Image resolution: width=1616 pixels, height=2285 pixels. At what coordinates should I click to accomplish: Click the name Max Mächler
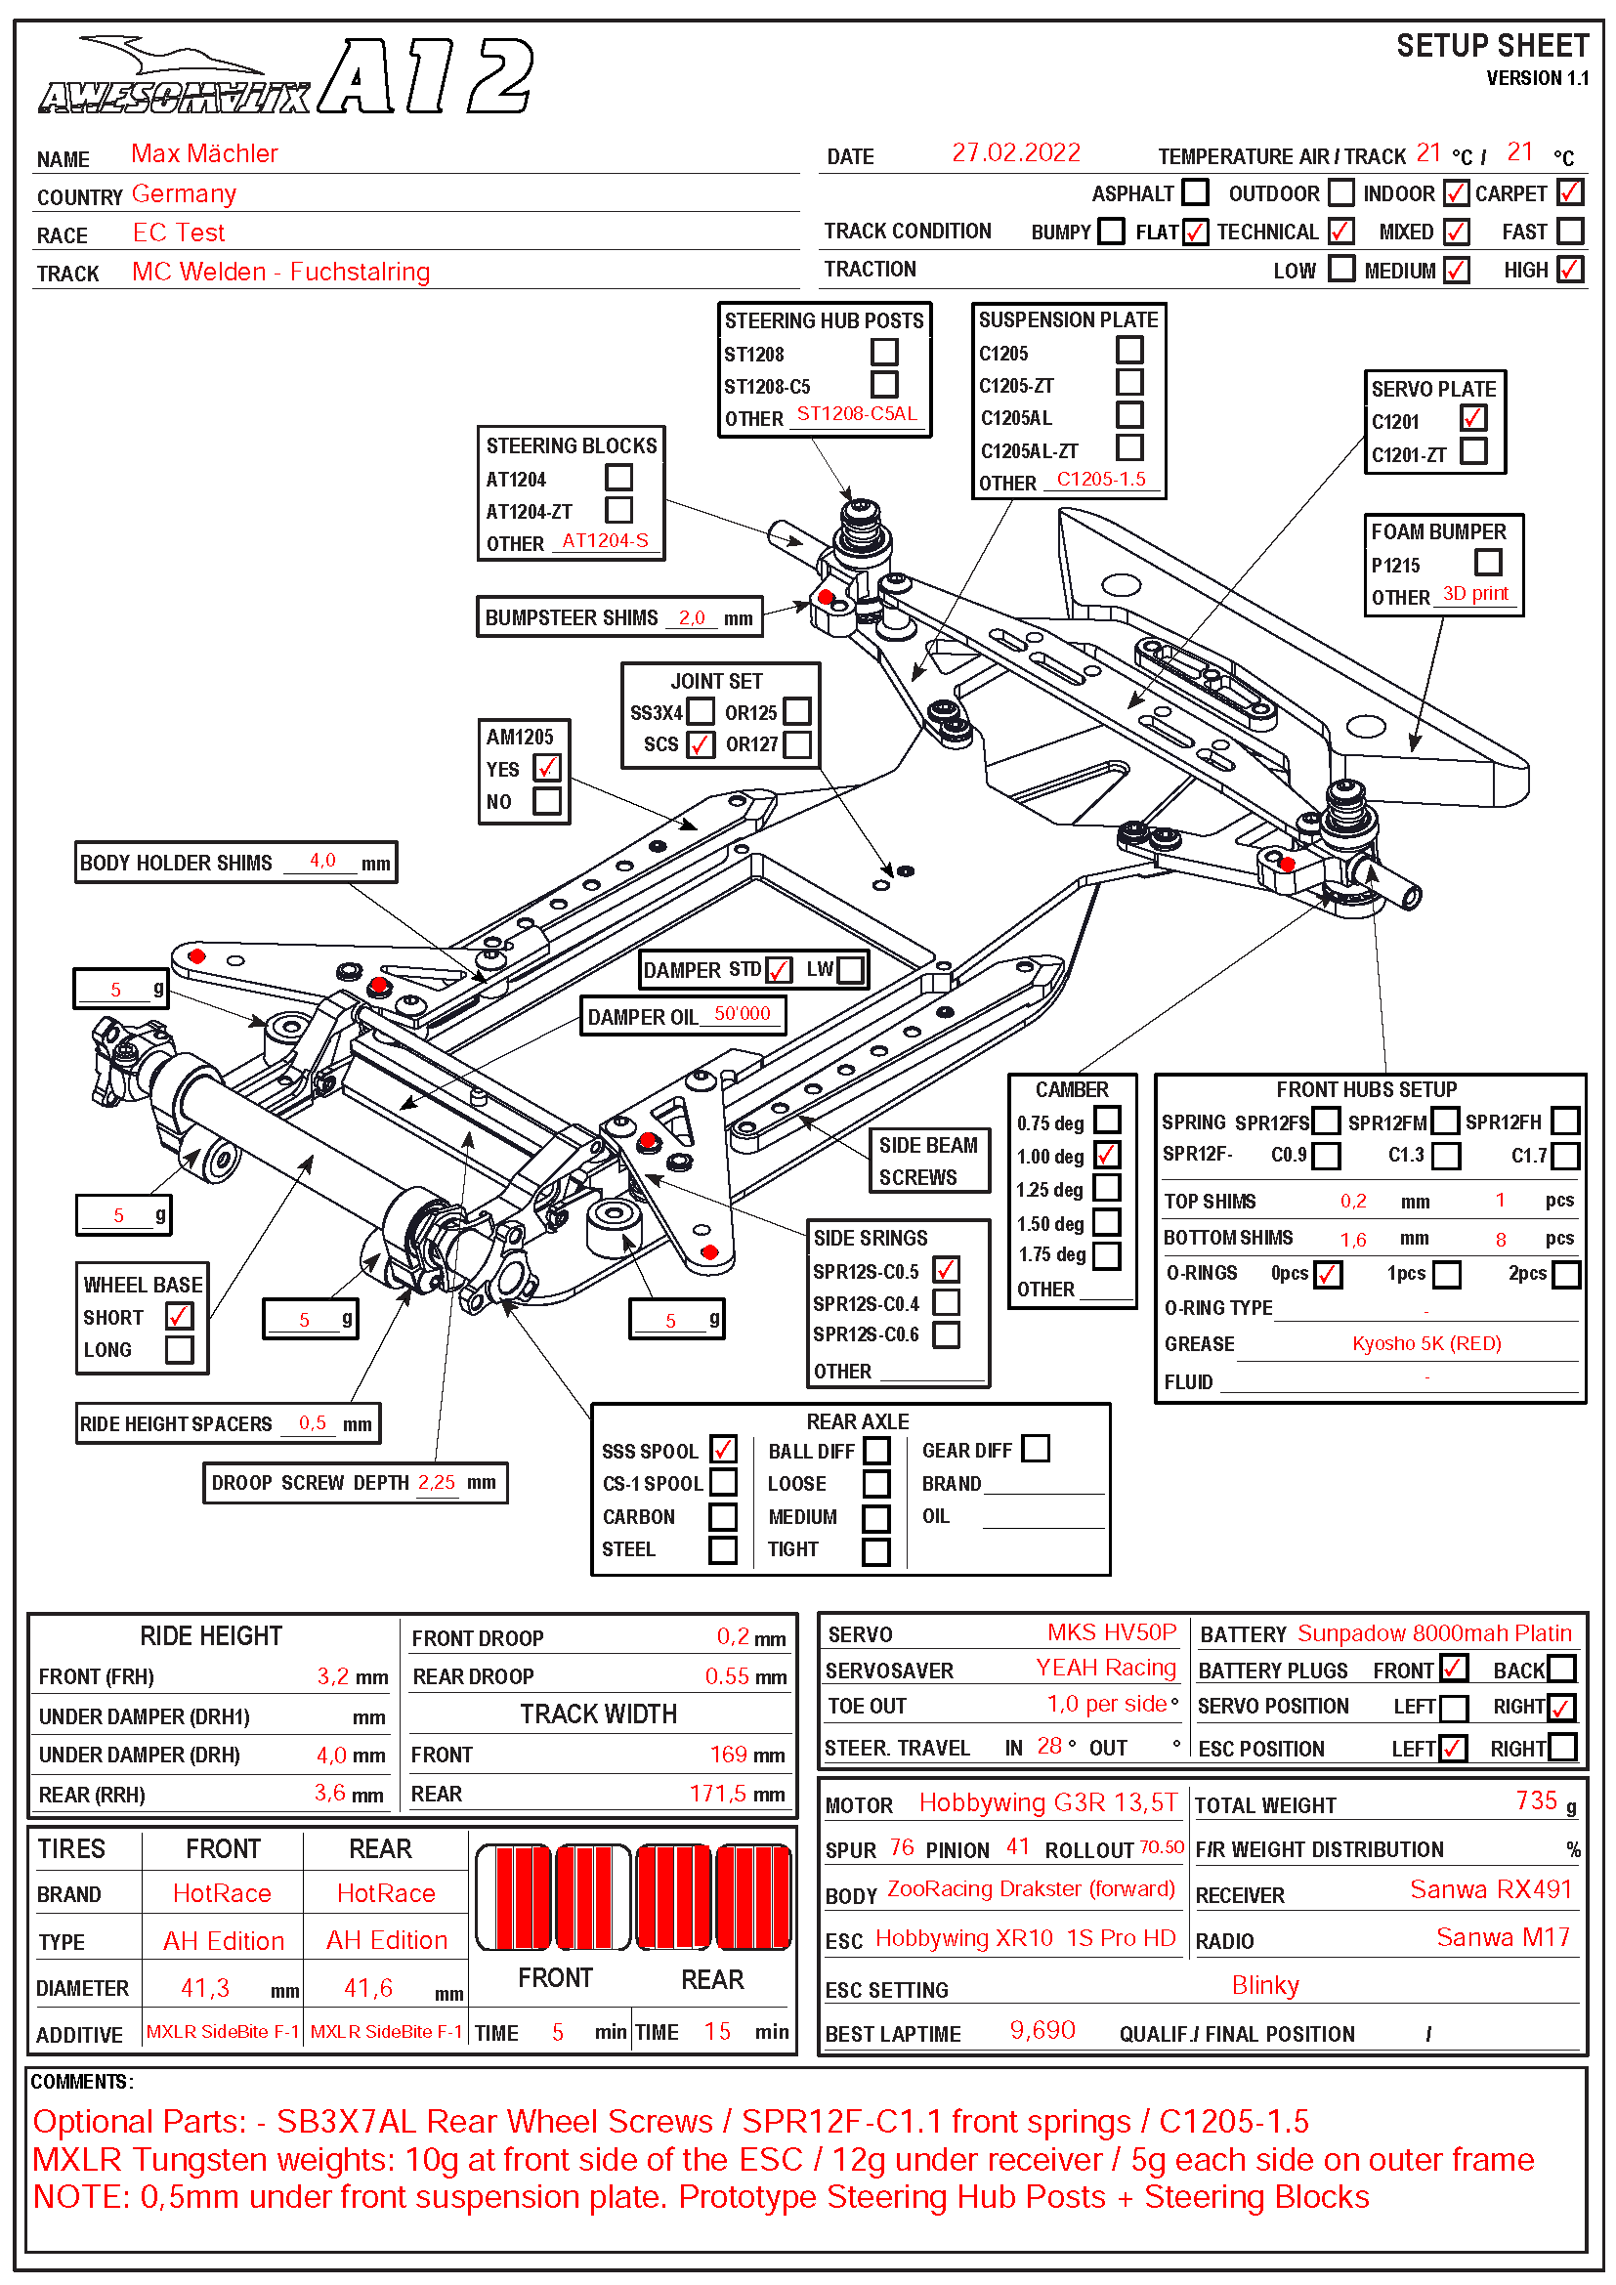click(204, 153)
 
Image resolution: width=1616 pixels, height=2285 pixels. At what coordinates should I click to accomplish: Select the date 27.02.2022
click(1015, 152)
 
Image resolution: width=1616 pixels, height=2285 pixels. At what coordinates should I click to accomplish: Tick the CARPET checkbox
click(1569, 192)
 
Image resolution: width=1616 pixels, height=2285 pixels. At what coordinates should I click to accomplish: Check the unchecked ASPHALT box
click(1195, 192)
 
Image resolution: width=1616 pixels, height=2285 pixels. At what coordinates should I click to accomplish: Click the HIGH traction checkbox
click(1569, 269)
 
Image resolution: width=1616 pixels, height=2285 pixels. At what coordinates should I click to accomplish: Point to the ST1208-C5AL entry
click(856, 414)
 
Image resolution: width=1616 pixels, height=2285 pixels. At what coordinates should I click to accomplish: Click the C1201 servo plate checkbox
click(1472, 419)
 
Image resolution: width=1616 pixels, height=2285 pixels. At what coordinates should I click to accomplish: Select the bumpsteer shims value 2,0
click(692, 618)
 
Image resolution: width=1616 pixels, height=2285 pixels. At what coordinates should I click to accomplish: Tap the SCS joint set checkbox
click(701, 744)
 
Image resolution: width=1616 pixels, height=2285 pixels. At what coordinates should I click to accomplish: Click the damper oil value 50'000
click(742, 1014)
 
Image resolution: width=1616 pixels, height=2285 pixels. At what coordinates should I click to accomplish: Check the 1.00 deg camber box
click(1107, 1156)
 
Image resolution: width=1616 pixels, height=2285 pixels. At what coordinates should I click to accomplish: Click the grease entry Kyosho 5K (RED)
click(1425, 1344)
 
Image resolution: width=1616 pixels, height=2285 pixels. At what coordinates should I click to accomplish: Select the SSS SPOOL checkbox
click(723, 1450)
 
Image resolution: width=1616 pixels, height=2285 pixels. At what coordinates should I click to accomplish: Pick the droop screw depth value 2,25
click(436, 1483)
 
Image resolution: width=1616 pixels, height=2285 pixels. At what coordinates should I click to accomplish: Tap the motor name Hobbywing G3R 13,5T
click(1046, 1803)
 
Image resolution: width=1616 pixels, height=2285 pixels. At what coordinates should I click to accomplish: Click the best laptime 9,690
click(1042, 2030)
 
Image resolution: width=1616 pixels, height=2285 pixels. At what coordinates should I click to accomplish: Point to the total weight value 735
click(1536, 1801)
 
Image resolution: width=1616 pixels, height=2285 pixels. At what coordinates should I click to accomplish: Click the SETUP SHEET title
click(1491, 46)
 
